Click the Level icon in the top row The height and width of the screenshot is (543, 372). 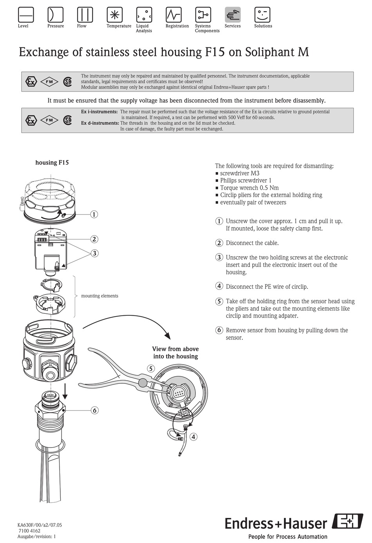26,15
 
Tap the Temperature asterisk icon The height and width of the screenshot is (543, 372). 115,15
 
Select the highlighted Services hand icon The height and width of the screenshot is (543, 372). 233,15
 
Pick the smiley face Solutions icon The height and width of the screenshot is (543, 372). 262,15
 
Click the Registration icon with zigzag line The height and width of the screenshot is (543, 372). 173,15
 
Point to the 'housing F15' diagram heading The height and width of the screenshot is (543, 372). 52,162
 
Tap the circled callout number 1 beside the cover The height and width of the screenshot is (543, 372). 94,214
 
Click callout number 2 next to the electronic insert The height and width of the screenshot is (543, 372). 94,239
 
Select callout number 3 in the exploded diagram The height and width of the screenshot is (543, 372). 94,254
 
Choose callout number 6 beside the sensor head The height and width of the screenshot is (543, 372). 94,410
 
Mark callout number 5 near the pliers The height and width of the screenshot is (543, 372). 151,369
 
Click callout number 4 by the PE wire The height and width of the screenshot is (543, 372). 193,437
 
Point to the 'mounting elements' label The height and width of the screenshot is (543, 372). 99,296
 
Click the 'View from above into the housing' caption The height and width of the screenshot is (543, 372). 175,352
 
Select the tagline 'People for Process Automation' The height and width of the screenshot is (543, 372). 288,537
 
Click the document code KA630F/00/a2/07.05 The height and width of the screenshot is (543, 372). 40,525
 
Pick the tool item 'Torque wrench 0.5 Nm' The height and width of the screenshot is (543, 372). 249,188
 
